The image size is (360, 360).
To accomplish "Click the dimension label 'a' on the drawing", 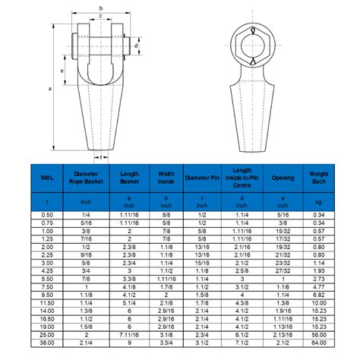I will pos(51,88).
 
